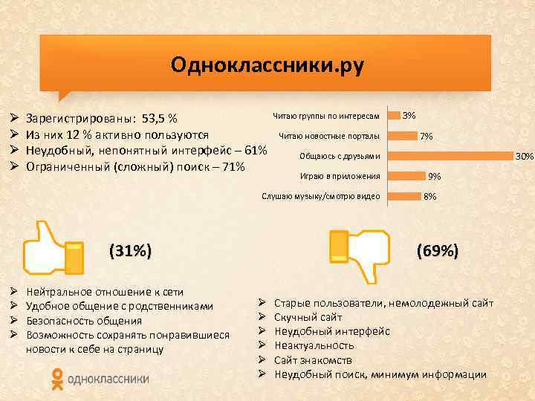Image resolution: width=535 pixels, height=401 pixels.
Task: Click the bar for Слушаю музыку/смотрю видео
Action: (404, 196)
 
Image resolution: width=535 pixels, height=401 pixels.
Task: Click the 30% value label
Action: (525, 156)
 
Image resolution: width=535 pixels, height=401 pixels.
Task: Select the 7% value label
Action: (427, 137)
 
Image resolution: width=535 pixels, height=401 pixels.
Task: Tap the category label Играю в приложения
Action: (340, 176)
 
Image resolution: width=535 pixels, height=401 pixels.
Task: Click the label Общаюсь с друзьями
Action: (340, 156)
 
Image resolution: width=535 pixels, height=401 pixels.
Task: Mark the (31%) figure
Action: (130, 251)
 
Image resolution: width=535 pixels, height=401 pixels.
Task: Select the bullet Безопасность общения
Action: (83, 321)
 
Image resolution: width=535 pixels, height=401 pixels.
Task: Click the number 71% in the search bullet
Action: (232, 166)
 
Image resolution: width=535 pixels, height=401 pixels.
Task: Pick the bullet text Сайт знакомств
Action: (313, 360)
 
